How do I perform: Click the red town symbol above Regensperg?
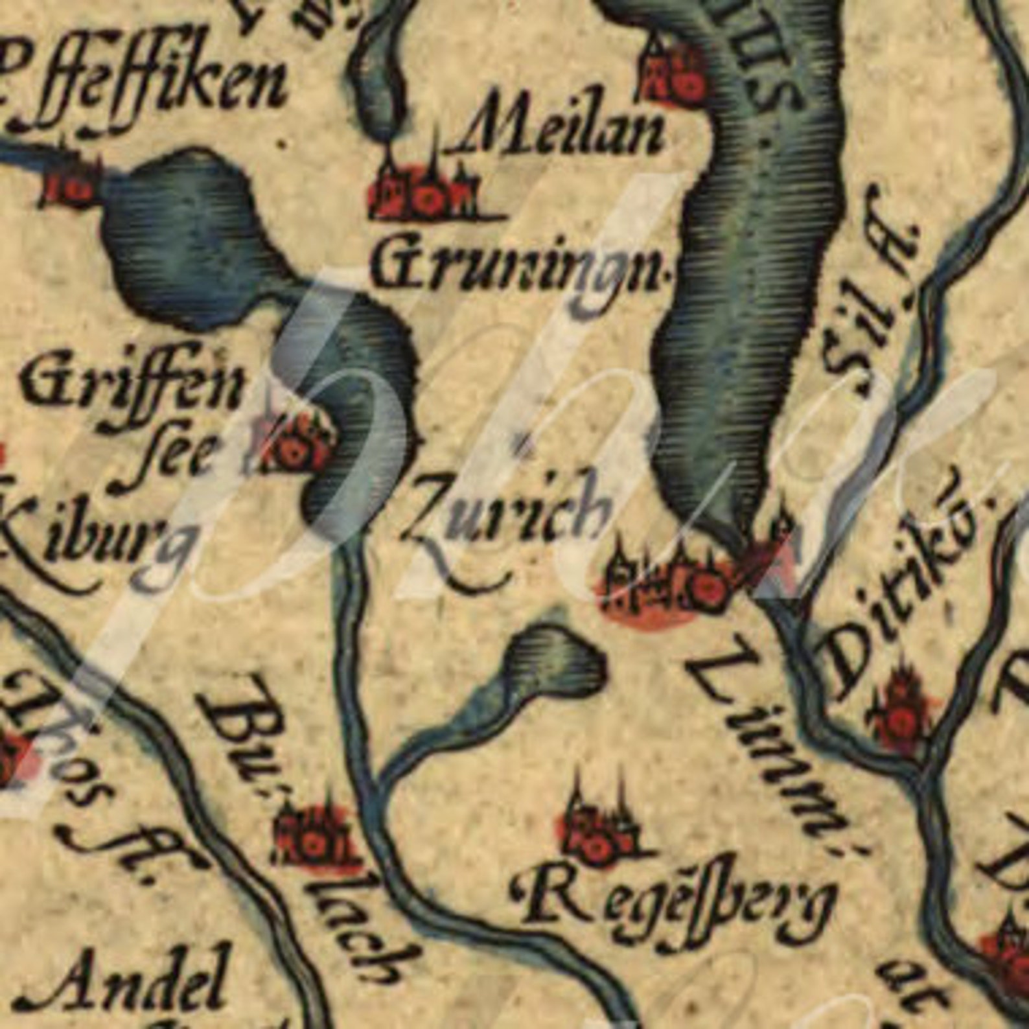click(593, 836)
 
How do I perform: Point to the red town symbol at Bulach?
click(314, 836)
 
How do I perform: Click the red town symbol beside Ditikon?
click(901, 713)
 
